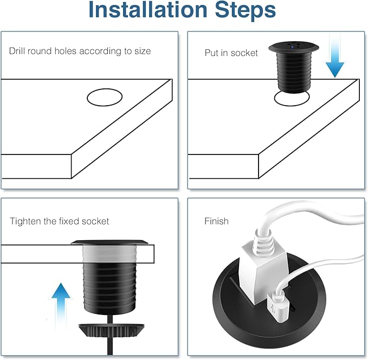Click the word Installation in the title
[x=148, y=10]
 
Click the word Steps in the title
[x=246, y=10]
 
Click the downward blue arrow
[x=335, y=56]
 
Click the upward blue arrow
[x=61, y=305]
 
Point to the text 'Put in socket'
[x=231, y=53]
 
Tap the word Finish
[x=216, y=221]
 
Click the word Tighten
[x=25, y=221]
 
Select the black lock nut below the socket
[x=111, y=330]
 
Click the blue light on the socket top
[x=292, y=47]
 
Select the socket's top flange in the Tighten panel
[x=109, y=242]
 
